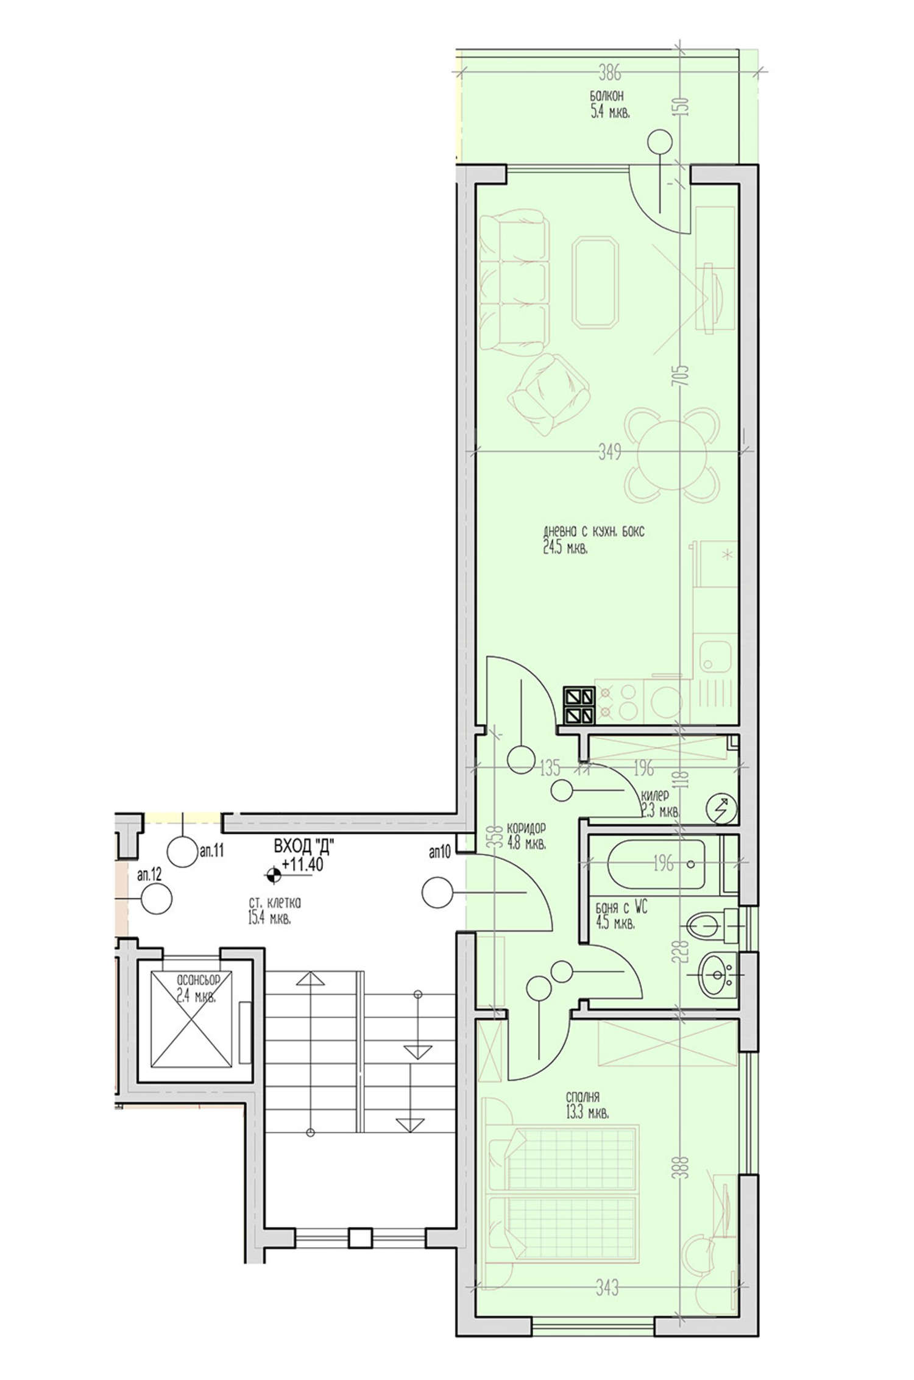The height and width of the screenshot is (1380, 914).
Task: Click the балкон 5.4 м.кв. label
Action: pos(609,104)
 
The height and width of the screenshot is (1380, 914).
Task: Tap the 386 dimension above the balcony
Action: pos(609,74)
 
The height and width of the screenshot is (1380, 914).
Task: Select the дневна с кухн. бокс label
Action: pos(593,532)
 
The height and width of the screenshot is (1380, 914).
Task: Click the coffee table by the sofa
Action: pos(595,283)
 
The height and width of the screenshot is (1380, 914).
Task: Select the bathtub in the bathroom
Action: pos(656,864)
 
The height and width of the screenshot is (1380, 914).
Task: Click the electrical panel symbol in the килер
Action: pos(721,808)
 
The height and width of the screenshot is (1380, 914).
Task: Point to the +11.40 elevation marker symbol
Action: pos(273,875)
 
